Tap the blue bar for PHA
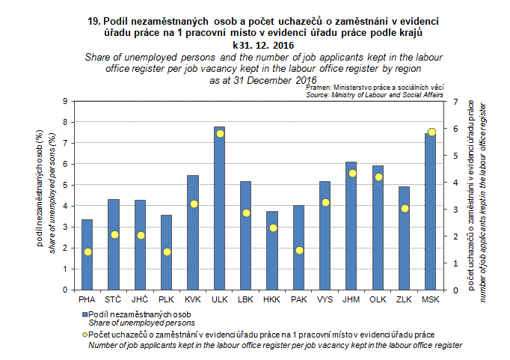(x=87, y=254)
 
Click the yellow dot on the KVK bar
(x=194, y=204)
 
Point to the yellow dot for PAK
(x=299, y=250)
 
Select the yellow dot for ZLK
(x=405, y=208)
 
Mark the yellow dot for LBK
(x=246, y=213)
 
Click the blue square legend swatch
(x=85, y=314)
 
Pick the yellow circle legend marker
(x=85, y=333)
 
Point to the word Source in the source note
(x=319, y=95)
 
